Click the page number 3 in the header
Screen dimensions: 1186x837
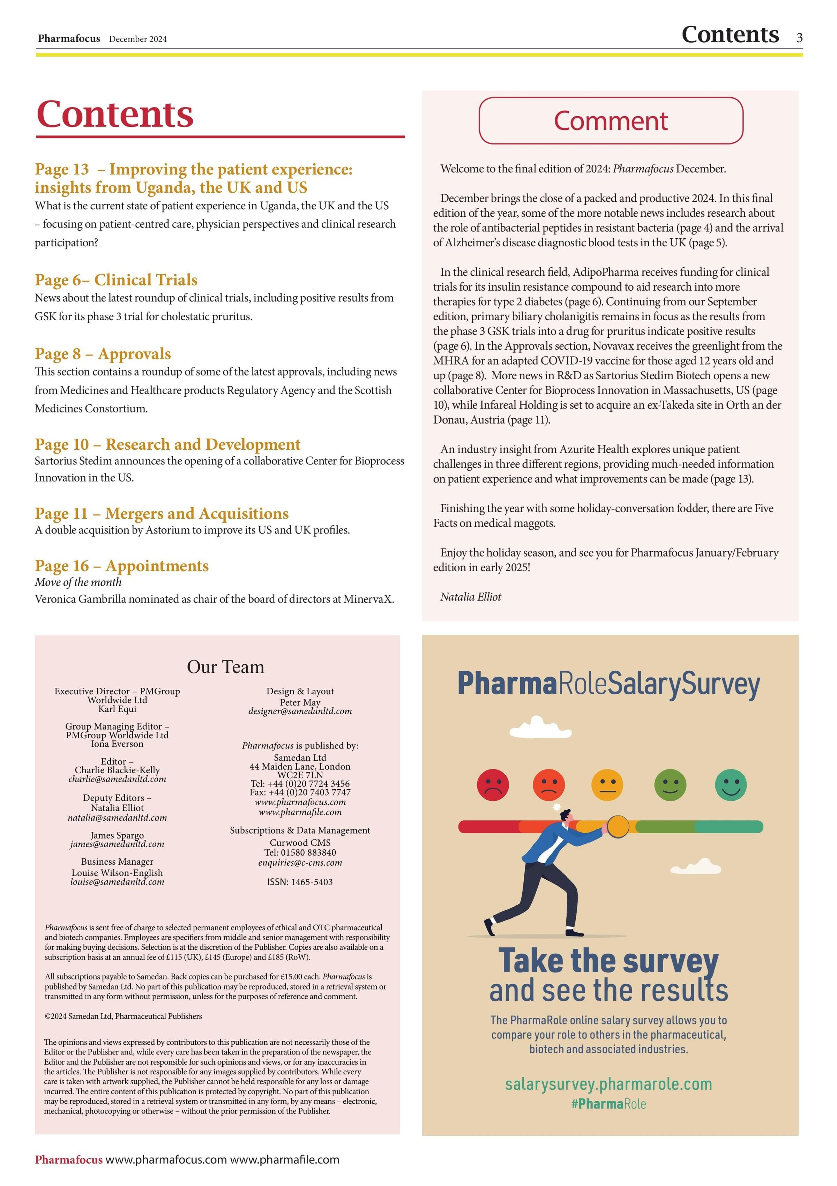pyautogui.click(x=799, y=38)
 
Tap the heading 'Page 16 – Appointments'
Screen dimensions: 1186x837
pyautogui.click(x=121, y=566)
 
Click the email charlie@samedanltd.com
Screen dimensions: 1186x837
pyautogui.click(x=117, y=779)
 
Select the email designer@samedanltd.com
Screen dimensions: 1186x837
pyautogui.click(x=300, y=711)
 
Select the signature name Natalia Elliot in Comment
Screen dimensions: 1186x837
pyautogui.click(x=470, y=597)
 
